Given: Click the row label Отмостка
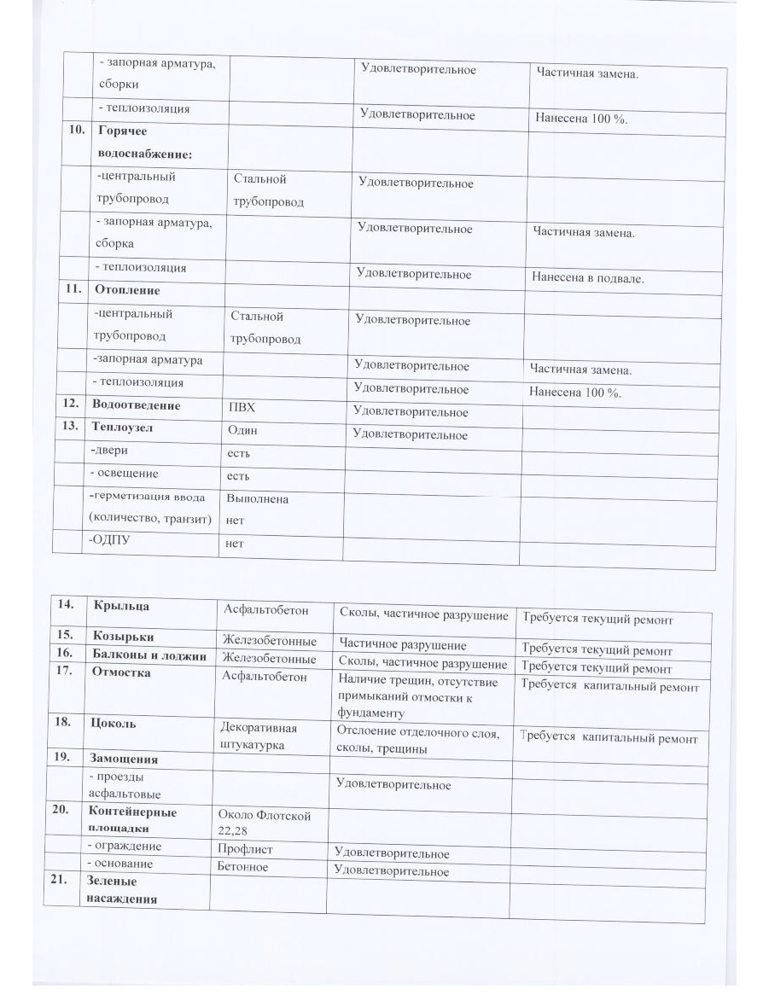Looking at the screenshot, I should click(121, 672).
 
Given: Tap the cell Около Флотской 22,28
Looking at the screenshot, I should click(265, 823).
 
